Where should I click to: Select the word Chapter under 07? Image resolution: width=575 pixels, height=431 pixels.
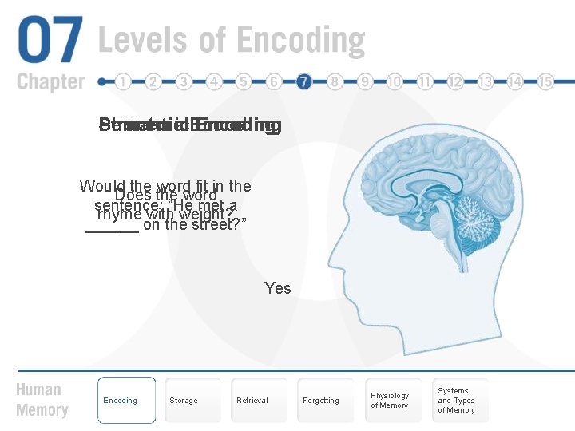pos(50,81)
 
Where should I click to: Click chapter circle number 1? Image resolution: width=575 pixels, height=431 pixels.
pos(123,81)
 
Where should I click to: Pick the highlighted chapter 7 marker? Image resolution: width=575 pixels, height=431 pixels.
pos(304,81)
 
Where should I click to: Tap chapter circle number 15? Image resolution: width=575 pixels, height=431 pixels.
pos(546,81)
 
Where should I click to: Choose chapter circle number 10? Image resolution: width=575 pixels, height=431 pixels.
pos(395,81)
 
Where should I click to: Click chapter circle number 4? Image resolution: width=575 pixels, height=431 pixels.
pos(214,81)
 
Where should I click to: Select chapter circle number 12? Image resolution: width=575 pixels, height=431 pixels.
pos(455,81)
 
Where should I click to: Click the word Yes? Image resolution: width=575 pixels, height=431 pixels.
pos(278,288)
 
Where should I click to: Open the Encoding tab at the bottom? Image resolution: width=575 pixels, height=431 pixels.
pos(126,400)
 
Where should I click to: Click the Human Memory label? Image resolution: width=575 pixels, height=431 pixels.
pos(39,400)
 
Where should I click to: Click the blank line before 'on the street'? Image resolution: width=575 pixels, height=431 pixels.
pos(112,227)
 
